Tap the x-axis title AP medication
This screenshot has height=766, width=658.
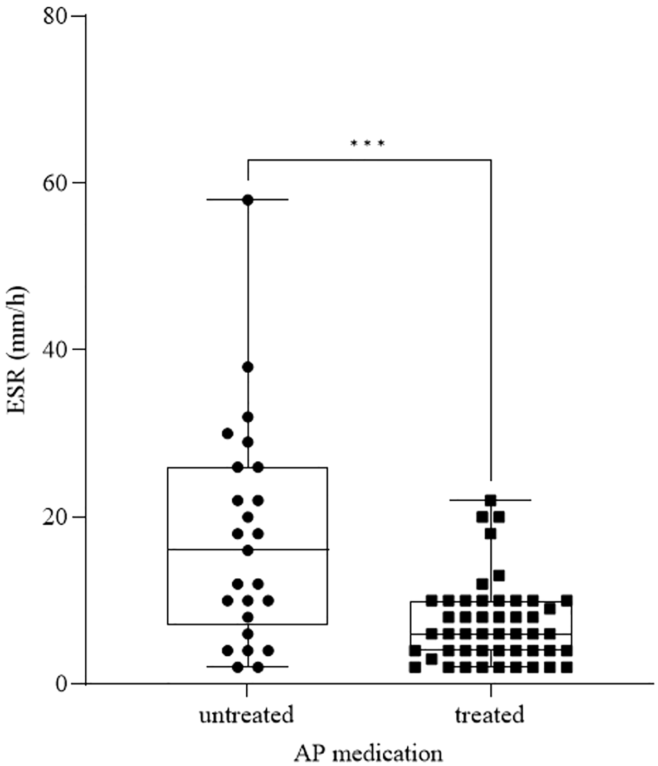click(368, 754)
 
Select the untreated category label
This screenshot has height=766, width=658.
click(246, 715)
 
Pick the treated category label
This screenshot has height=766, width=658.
click(490, 715)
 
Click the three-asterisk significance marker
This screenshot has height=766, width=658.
click(367, 144)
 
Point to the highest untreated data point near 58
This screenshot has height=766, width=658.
click(248, 200)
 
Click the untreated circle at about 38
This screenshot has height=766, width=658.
click(248, 367)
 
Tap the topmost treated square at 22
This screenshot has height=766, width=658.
click(490, 500)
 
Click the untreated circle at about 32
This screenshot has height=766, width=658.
click(248, 417)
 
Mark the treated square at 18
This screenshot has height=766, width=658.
click(490, 534)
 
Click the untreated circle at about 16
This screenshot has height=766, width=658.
click(248, 550)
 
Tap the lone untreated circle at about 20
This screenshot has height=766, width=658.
click(248, 517)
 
